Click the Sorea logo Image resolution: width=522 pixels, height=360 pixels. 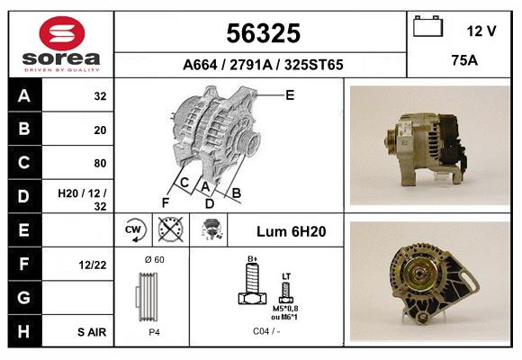click(x=61, y=45)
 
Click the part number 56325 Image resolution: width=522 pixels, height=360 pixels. click(x=262, y=33)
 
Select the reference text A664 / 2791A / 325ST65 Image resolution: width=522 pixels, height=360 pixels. click(x=262, y=65)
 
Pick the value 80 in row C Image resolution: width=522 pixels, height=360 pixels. click(x=99, y=163)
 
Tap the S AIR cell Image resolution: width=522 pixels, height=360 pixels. click(x=91, y=331)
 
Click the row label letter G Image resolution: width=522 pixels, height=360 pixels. click(x=24, y=297)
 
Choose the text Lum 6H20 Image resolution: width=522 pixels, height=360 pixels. click(x=291, y=231)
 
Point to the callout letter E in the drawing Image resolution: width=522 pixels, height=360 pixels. click(x=290, y=94)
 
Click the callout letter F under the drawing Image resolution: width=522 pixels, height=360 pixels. click(x=166, y=202)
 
